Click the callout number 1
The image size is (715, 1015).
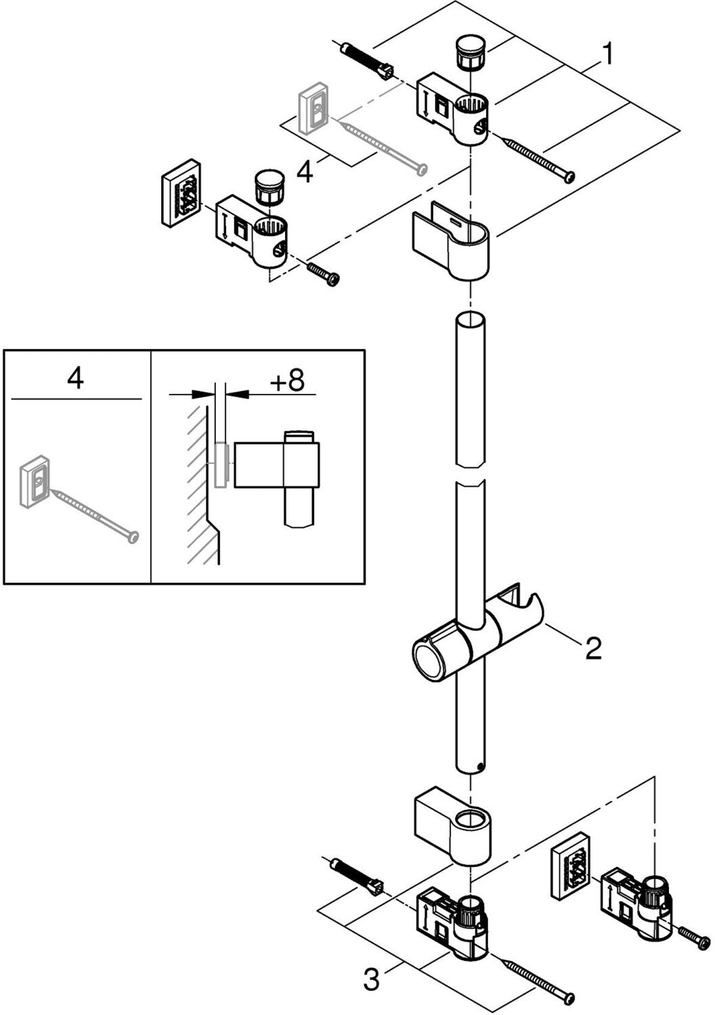[x=609, y=54]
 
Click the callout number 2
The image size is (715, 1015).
[x=592, y=649]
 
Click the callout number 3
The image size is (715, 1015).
[x=371, y=978]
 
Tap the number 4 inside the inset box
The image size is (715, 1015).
[x=75, y=378]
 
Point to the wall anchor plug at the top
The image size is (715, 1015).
[x=366, y=60]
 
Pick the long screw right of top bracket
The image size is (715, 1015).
[x=539, y=158]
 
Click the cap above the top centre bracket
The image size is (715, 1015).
[x=467, y=53]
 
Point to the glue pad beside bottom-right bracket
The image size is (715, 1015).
[x=570, y=865]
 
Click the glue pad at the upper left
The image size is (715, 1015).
[x=181, y=191]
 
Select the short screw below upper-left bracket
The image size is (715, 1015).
[x=323, y=273]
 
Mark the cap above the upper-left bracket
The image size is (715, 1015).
[x=269, y=187]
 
